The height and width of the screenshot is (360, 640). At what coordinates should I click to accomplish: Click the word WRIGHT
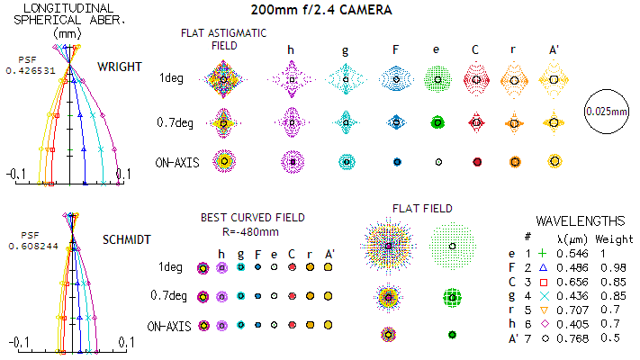(120, 67)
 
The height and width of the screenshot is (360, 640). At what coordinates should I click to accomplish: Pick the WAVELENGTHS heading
(580, 220)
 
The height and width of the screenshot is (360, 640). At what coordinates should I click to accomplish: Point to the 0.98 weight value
(608, 268)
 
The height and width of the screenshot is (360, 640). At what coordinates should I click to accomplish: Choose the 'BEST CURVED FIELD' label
(252, 217)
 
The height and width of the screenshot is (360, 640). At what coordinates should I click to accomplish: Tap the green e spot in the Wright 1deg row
(437, 79)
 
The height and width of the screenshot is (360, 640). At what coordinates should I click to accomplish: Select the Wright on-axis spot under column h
(291, 161)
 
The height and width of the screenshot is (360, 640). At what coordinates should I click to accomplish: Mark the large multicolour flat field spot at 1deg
(388, 245)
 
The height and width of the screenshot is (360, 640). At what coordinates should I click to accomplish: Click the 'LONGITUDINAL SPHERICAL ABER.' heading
(55, 19)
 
